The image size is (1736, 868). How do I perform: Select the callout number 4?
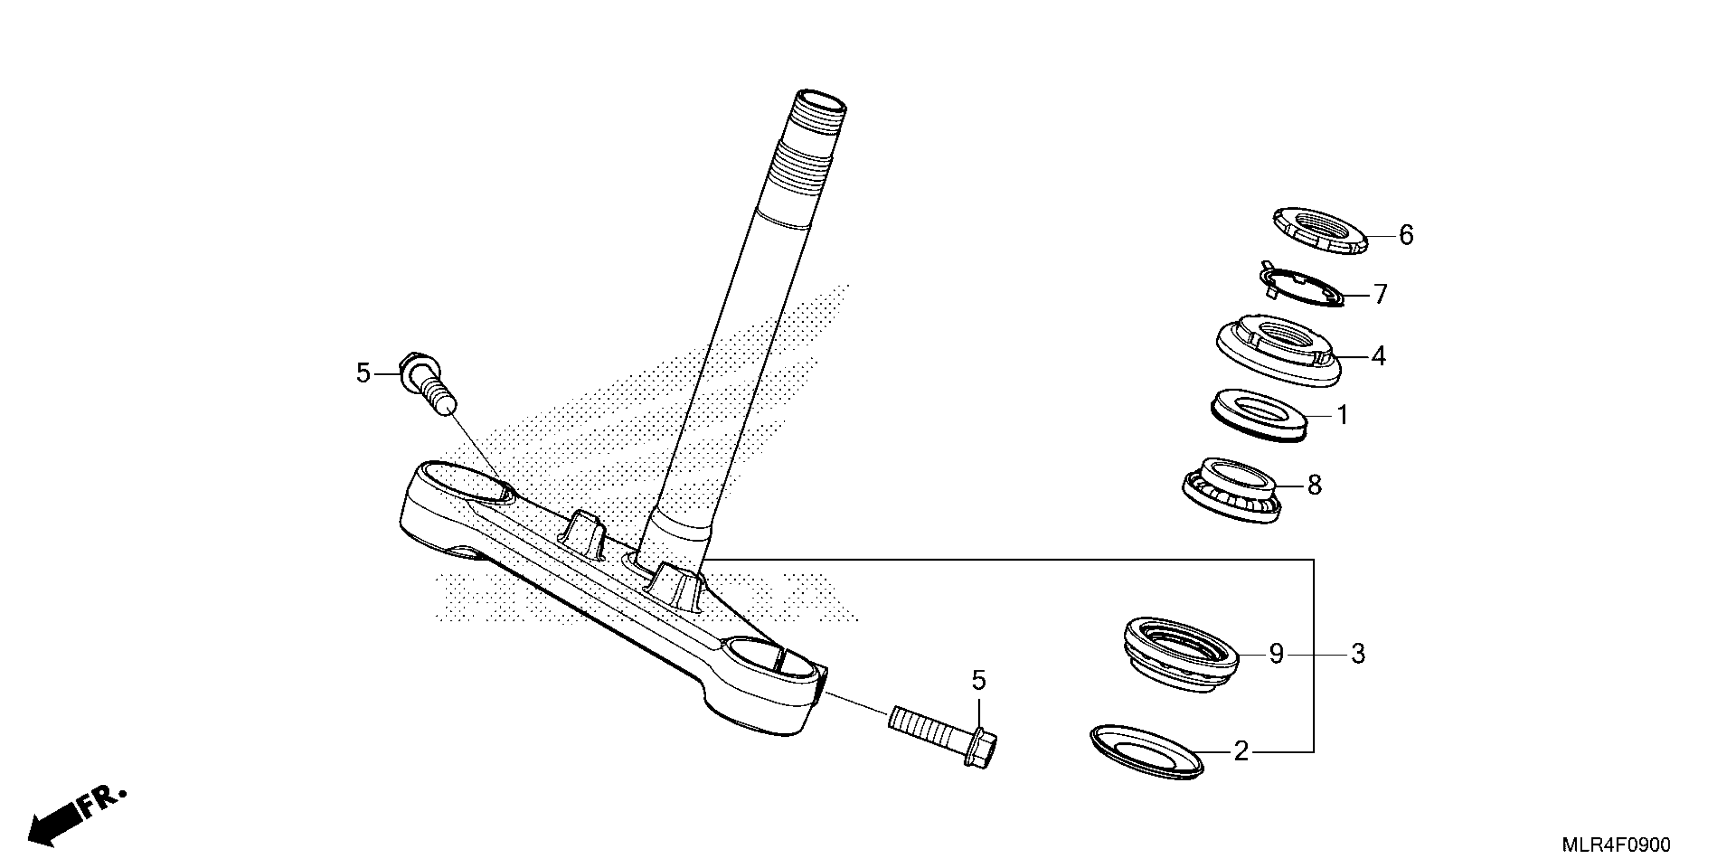(x=1378, y=356)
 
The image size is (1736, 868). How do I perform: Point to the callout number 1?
(x=1342, y=415)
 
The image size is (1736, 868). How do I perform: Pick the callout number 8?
(x=1314, y=485)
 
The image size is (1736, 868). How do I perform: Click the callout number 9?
(x=1276, y=654)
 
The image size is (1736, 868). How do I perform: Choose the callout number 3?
(x=1358, y=654)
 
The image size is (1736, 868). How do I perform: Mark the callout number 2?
(x=1241, y=751)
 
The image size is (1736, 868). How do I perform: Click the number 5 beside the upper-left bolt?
(x=363, y=373)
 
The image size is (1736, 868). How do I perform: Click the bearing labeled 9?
(x=1180, y=650)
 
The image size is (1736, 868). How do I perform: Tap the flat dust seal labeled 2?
(x=1146, y=752)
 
